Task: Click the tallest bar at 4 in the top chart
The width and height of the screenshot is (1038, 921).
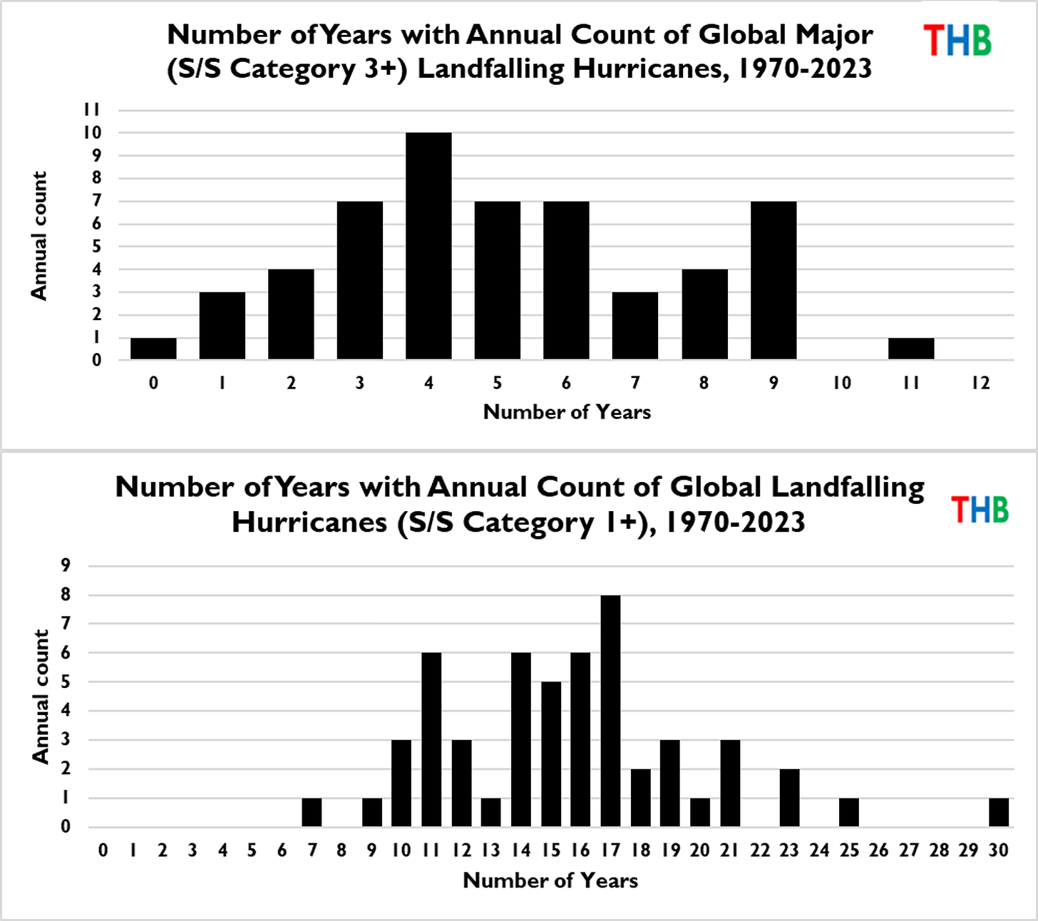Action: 428,246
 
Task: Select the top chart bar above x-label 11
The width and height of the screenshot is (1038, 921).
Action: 911,349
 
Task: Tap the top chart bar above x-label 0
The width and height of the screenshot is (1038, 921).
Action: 153,349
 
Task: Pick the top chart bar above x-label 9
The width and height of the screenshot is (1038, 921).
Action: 774,280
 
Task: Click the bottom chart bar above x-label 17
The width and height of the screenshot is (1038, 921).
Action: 610,711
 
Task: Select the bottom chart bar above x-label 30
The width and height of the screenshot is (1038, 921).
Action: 999,813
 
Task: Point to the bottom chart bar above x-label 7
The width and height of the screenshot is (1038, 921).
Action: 312,813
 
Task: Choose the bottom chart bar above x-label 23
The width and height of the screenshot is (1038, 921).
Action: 789,798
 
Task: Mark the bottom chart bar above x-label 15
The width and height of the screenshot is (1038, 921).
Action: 551,754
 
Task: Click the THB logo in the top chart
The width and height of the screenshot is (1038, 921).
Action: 957,41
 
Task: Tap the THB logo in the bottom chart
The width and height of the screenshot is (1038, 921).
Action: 980,510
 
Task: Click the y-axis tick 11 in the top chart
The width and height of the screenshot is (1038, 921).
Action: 91,110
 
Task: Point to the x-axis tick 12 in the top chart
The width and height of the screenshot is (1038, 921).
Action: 980,383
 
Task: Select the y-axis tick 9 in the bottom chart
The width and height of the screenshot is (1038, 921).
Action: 66,565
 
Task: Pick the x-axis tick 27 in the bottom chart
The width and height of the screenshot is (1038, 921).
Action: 909,850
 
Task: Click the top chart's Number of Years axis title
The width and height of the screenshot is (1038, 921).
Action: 567,412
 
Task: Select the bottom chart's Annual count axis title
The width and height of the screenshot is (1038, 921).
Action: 40,696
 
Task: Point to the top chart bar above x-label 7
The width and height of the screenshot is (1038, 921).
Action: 635,326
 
